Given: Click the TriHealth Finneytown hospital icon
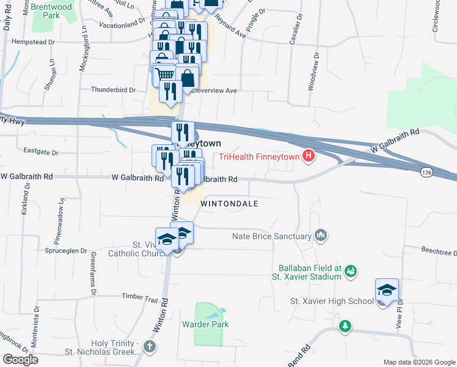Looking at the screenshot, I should coord(309,157).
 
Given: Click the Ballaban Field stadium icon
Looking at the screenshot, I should coord(350,270).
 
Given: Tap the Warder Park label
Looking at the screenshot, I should coord(205,324).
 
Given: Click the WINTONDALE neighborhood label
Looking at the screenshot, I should coord(229,203).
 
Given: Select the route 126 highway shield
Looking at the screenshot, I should coord(426,174).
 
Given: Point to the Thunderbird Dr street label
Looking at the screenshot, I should coord(113,89).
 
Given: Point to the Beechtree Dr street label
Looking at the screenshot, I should coord(439,251).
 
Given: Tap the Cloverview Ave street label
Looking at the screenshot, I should coord(214,91).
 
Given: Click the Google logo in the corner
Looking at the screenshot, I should coord(20,359).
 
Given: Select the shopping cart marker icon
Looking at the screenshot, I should coord(166,75).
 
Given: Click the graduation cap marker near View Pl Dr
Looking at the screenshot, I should coord(387,289).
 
